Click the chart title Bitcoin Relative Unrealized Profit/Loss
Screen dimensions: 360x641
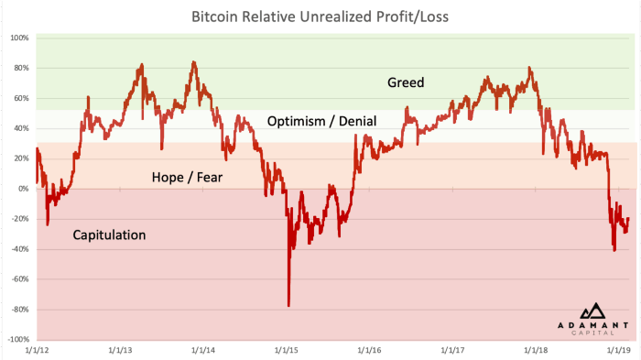(320, 16)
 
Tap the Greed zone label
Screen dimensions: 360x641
(406, 82)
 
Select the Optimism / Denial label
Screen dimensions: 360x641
(314, 121)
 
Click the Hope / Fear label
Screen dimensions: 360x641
(187, 178)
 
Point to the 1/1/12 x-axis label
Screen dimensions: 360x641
(37, 350)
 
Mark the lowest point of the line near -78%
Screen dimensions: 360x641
(288, 306)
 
